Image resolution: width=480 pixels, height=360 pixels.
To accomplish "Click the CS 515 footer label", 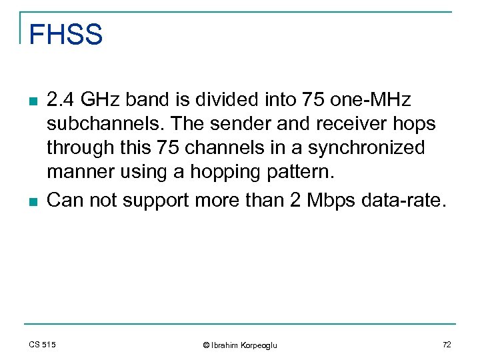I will coord(42,344).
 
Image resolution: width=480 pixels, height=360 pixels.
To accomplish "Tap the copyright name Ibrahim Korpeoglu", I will coord(240,345).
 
